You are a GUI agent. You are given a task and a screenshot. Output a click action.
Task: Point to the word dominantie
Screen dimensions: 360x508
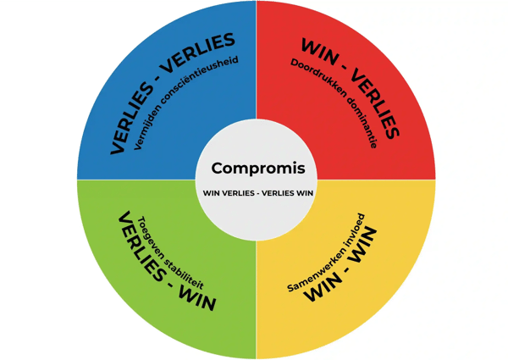362,124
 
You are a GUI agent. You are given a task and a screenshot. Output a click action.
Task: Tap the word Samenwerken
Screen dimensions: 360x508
314,266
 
